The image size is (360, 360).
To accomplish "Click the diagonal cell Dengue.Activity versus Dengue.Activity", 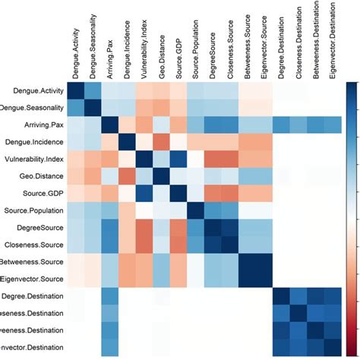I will click(75, 90).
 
